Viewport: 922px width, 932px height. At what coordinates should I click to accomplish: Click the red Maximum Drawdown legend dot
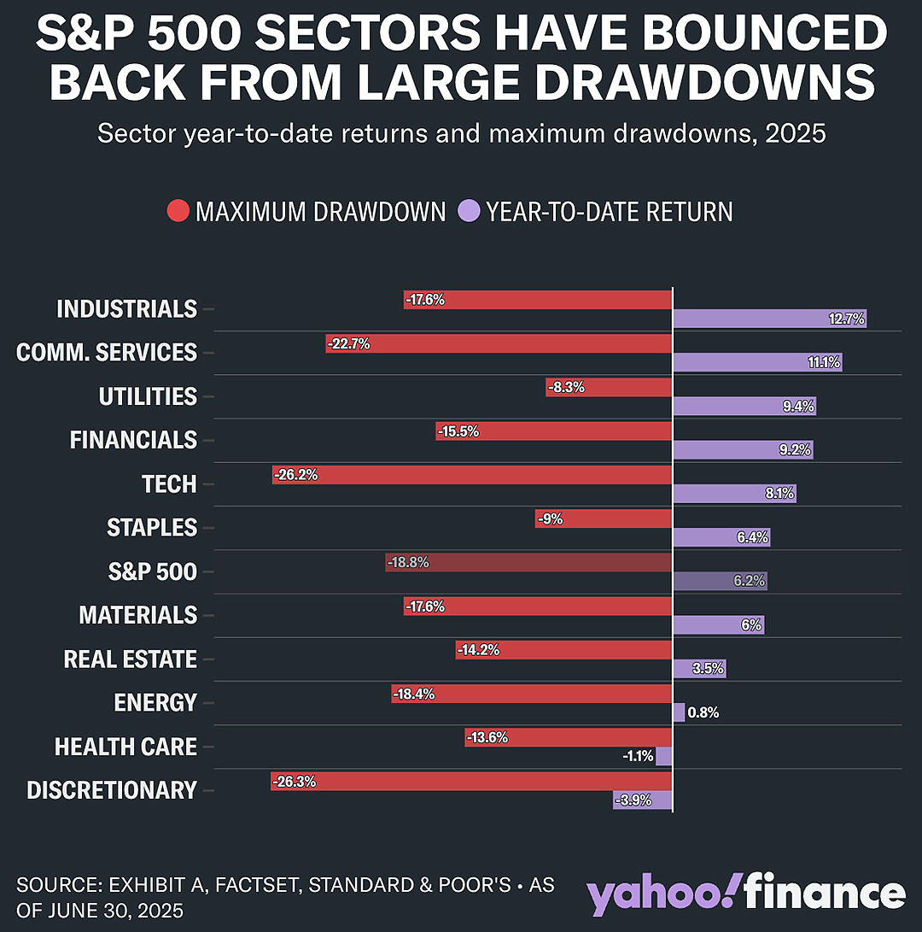pyautogui.click(x=178, y=211)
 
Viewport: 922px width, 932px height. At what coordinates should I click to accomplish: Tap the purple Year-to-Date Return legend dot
pyautogui.click(x=469, y=211)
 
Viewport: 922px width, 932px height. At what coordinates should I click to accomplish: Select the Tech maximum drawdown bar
pyautogui.click(x=472, y=475)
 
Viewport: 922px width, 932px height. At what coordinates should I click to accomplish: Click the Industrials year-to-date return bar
pyautogui.click(x=769, y=319)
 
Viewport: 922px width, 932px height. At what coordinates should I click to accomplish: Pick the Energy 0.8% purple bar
pyautogui.click(x=679, y=712)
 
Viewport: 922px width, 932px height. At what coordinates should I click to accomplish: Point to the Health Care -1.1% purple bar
pyautogui.click(x=664, y=756)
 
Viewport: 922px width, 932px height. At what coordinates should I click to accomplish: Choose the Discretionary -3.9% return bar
pyautogui.click(x=643, y=800)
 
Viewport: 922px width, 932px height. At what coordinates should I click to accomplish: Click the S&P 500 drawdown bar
pyautogui.click(x=528, y=562)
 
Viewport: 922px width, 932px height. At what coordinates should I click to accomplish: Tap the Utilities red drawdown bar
pyautogui.click(x=609, y=388)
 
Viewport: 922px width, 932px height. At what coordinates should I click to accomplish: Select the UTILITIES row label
pyautogui.click(x=148, y=396)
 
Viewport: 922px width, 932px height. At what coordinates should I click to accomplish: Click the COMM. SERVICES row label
pyautogui.click(x=107, y=353)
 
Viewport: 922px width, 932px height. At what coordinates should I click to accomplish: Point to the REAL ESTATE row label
pyautogui.click(x=130, y=659)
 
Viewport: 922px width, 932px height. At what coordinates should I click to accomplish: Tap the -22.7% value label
pyautogui.click(x=348, y=343)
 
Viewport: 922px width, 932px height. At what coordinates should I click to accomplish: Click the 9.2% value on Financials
pyautogui.click(x=795, y=449)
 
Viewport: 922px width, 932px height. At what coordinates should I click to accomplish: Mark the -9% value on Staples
pyautogui.click(x=550, y=519)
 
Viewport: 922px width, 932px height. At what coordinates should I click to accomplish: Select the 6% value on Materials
pyautogui.click(x=751, y=624)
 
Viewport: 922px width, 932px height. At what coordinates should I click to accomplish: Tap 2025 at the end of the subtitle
pyautogui.click(x=796, y=133)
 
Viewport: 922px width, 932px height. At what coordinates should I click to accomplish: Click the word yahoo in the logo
pyautogui.click(x=660, y=894)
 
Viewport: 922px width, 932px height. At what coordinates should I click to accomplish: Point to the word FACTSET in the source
pyautogui.click(x=256, y=885)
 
